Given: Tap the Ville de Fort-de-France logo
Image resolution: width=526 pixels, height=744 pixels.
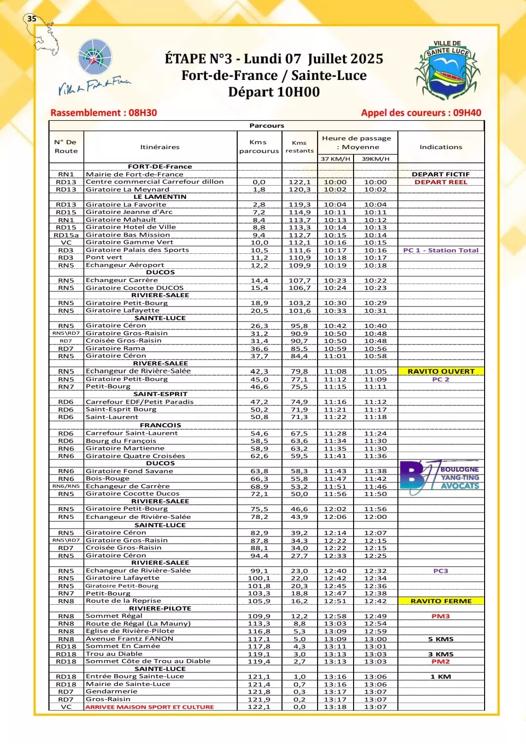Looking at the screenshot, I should (x=95, y=68).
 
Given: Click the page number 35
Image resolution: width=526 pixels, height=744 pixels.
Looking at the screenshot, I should (x=32, y=19).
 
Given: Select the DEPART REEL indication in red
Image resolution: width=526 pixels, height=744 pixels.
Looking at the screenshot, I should (x=441, y=182).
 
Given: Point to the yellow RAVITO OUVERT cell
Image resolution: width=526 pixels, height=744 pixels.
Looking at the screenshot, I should (x=441, y=371).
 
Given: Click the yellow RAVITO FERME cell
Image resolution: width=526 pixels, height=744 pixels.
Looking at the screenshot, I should (x=441, y=601).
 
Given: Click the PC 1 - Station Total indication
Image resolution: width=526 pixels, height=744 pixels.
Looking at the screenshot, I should (x=441, y=250).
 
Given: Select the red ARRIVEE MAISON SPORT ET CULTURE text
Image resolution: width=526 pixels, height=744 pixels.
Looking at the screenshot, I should (x=150, y=707).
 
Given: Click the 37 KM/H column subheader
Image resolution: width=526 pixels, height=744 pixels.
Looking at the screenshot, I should (x=336, y=159).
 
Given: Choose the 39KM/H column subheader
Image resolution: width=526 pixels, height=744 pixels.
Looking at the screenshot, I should (x=376, y=159).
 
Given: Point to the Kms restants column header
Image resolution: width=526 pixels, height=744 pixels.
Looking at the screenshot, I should (x=300, y=147).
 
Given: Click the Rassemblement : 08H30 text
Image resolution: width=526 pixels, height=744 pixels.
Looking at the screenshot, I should (x=104, y=113).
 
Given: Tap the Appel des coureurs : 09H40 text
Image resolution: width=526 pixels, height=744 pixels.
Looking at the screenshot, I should (x=421, y=113).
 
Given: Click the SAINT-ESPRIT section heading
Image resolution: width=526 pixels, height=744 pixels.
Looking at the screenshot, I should (x=160, y=394).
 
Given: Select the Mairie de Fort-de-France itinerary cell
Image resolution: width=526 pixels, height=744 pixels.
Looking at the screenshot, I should (x=134, y=174).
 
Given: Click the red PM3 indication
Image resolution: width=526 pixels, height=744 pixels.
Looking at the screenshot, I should (x=441, y=616).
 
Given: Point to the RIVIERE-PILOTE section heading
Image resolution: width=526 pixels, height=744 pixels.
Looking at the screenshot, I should (x=160, y=609).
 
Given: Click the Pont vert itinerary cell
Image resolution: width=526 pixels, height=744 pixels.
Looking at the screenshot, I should (x=104, y=258).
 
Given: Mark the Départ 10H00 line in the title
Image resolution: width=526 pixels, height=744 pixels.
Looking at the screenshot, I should (x=274, y=92).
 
